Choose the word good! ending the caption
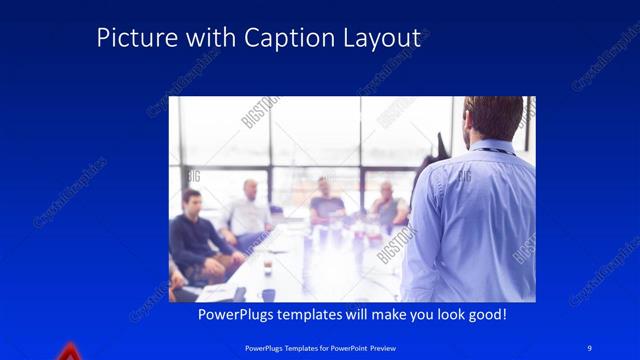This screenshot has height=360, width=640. pyautogui.click(x=485, y=315)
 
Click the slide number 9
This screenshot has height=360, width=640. pyautogui.click(x=589, y=347)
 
